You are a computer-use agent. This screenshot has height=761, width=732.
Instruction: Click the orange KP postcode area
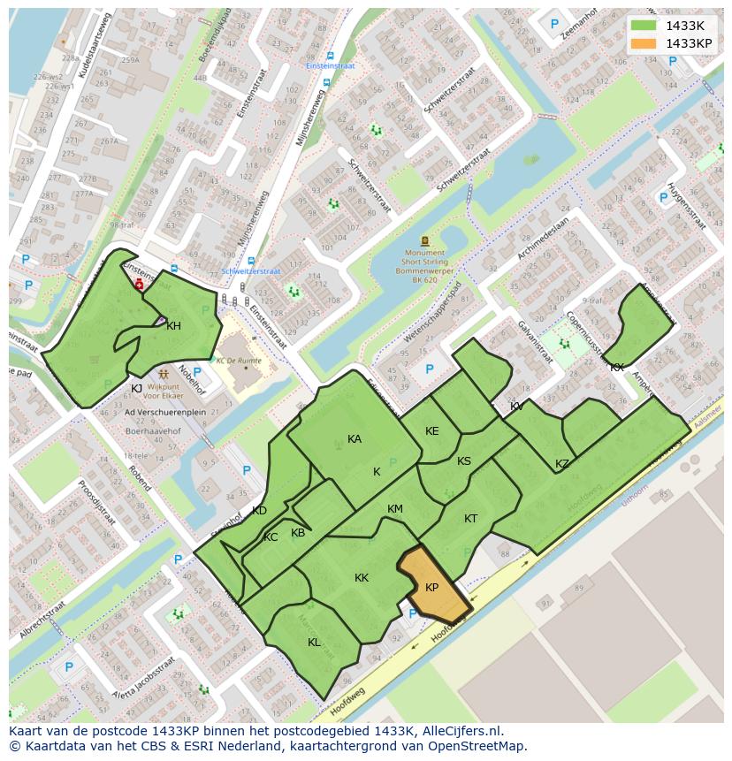pyautogui.click(x=433, y=586)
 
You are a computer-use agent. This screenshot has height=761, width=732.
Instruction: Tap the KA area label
pyautogui.click(x=355, y=439)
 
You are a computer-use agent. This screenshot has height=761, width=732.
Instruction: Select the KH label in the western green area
pyautogui.click(x=173, y=326)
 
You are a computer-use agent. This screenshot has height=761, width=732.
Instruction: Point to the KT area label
pyautogui.click(x=470, y=519)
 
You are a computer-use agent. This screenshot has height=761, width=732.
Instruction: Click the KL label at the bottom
pyautogui.click(x=314, y=643)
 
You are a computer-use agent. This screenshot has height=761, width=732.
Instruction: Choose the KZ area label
pyautogui.click(x=562, y=464)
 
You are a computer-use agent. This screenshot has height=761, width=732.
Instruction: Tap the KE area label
pyautogui.click(x=431, y=431)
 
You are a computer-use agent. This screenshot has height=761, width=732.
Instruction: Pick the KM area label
pyautogui.click(x=395, y=509)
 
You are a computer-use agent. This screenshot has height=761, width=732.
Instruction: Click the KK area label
pyautogui.click(x=362, y=578)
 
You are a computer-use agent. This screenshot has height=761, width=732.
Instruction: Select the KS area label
pyautogui.click(x=464, y=461)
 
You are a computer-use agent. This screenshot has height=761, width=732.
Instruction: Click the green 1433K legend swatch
pyautogui.click(x=644, y=26)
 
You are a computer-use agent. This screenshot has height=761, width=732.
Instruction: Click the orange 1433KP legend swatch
pyautogui.click(x=644, y=43)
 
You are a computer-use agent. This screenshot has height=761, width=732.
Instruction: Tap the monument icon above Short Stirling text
pyautogui.click(x=425, y=240)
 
